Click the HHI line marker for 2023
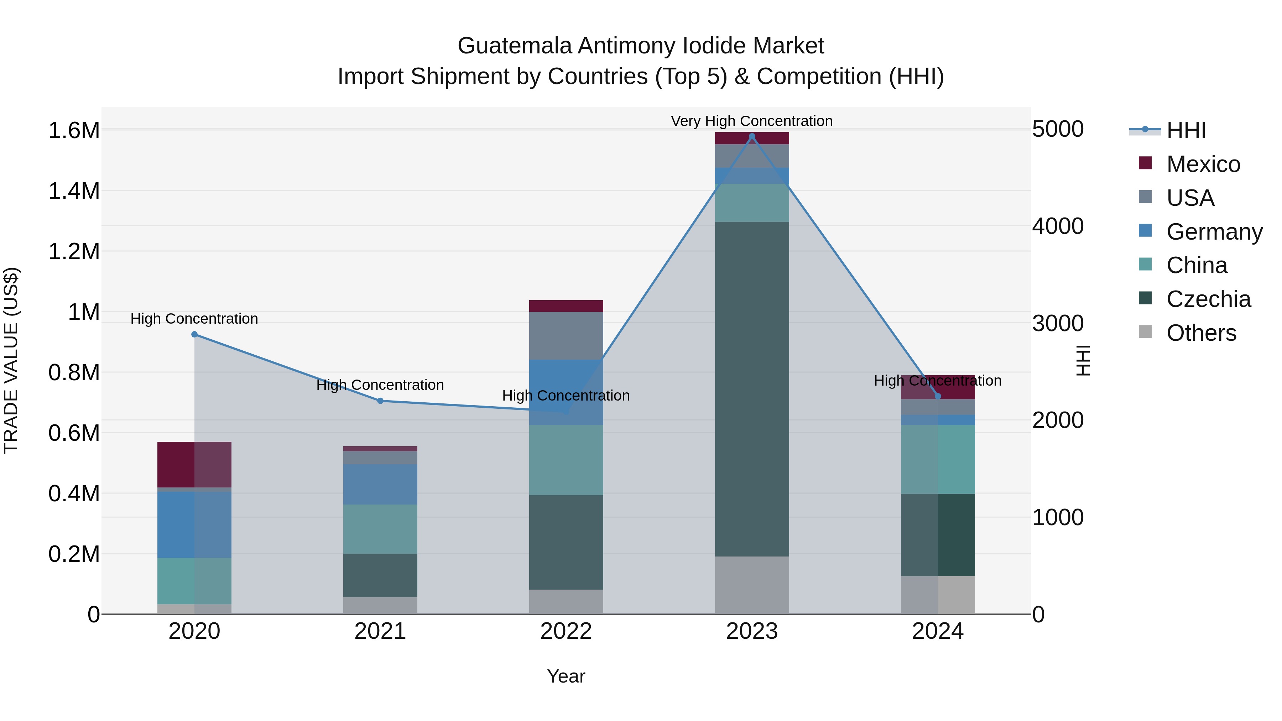pyautogui.click(x=752, y=136)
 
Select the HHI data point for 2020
pyautogui.click(x=194, y=334)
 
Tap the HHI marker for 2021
pyautogui.click(x=380, y=401)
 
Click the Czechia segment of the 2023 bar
pyautogui.click(x=752, y=388)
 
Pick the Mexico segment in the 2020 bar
pyautogui.click(x=194, y=464)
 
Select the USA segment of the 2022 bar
pyautogui.click(x=566, y=335)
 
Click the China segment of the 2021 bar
pyautogui.click(x=380, y=529)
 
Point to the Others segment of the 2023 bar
pyautogui.click(x=752, y=585)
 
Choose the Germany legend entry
pyautogui.click(x=1214, y=232)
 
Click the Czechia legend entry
pyautogui.click(x=1208, y=299)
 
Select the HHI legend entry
pyautogui.click(x=1185, y=130)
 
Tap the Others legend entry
pyautogui.click(x=1201, y=333)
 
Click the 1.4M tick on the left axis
pyautogui.click(x=74, y=191)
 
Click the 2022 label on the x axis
pyautogui.click(x=566, y=631)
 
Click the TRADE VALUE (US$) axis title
pyautogui.click(x=11, y=360)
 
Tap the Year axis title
pyautogui.click(x=566, y=676)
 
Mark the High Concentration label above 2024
pyautogui.click(x=938, y=381)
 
